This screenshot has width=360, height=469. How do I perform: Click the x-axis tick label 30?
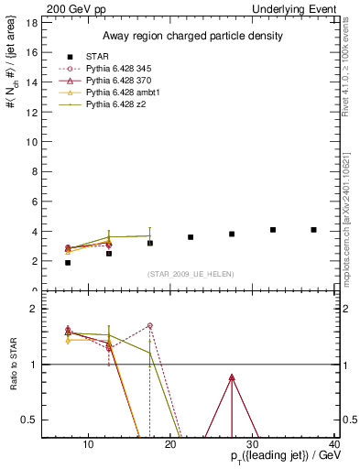254,444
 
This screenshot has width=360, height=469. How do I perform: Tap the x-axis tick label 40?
334,444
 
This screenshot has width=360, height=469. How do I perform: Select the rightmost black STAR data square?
313,230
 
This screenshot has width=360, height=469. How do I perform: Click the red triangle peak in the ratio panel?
232,377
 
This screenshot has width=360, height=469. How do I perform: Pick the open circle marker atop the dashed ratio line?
149,325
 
